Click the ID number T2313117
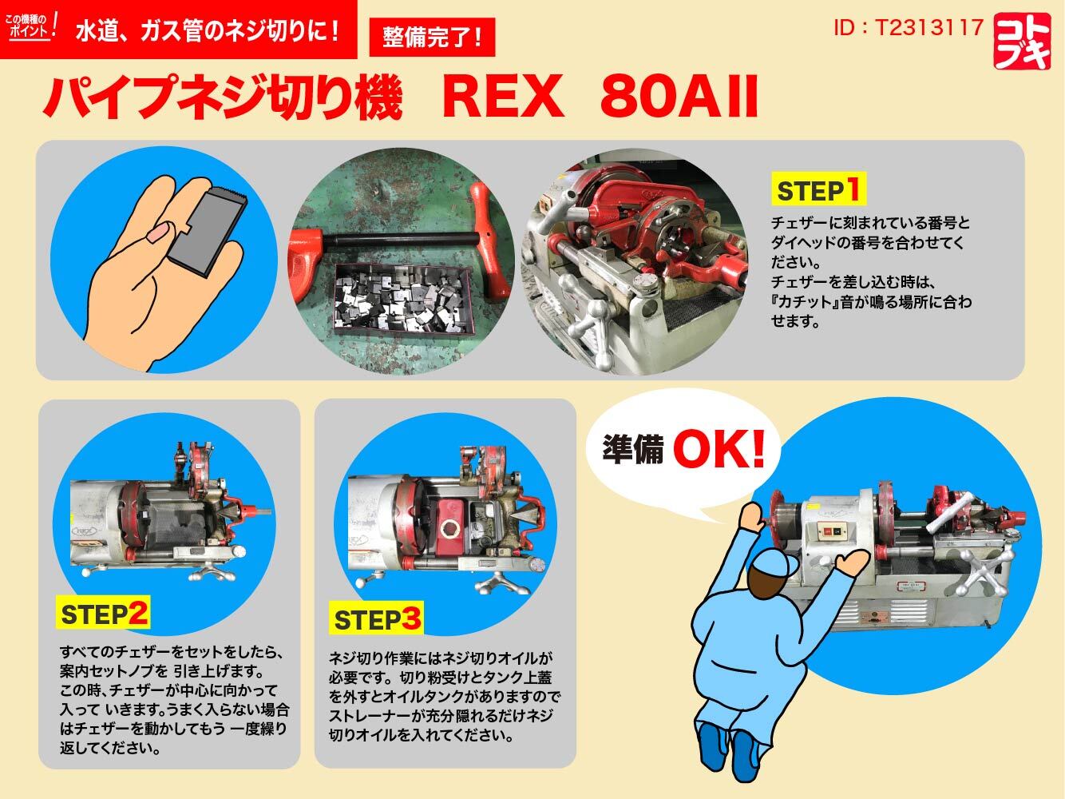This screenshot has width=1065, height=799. coord(908,28)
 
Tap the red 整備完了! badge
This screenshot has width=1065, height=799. coord(433,38)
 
